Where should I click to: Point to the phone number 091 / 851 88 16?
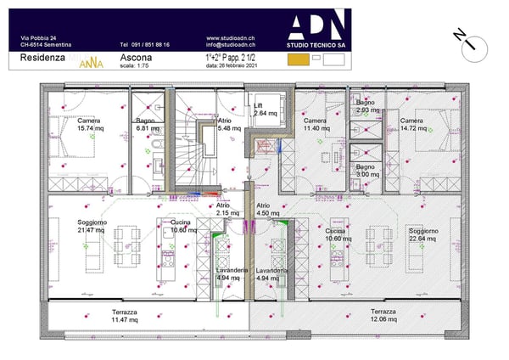144,45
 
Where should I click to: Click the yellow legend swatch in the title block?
297,60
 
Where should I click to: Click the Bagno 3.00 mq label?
366,171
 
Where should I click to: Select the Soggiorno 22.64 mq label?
422,234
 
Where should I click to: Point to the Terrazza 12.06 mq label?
383,316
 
